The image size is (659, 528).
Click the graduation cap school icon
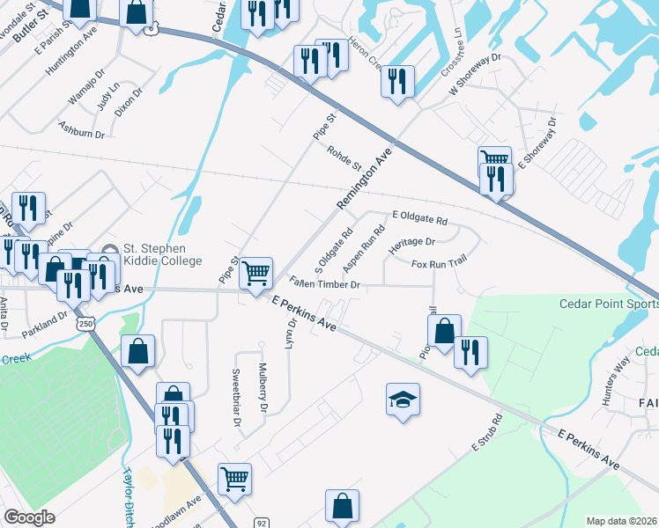coord(403,400)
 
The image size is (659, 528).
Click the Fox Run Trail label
coord(438,262)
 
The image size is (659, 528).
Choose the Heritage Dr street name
coord(412,242)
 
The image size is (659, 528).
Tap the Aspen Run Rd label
coord(364,248)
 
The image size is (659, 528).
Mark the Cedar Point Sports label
coord(609,304)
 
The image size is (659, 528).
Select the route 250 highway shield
coord(85,324)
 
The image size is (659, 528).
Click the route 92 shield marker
coord(262,522)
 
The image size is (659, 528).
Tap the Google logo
coord(29,517)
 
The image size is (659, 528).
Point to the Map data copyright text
coord(621,521)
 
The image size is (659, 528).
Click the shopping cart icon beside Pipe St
coord(255,273)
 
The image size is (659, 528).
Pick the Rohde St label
coord(344,158)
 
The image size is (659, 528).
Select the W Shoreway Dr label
coord(474,75)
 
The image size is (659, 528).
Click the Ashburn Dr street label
coord(81,131)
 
